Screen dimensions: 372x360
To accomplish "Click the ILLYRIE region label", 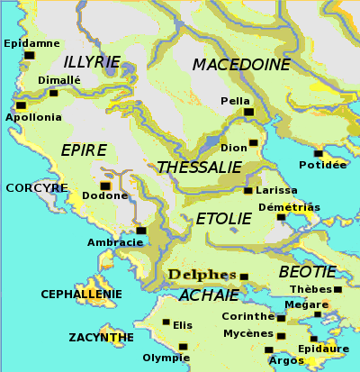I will [92, 61].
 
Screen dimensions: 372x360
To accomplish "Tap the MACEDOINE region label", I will [241, 65].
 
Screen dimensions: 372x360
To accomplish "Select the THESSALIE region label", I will [199, 168].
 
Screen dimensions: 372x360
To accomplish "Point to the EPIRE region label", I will [84, 150].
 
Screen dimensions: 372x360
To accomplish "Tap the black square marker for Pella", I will [249, 112].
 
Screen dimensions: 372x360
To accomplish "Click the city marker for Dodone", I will [105, 186].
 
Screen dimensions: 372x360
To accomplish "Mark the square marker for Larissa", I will [247, 191].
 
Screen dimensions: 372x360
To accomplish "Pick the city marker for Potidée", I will [318, 154].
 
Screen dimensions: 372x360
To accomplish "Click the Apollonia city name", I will [34, 117].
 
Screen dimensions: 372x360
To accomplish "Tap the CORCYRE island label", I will [37, 188].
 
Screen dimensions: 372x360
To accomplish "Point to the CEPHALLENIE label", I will [82, 294].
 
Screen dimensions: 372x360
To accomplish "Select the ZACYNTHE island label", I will [102, 338].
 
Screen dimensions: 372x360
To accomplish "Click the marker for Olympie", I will [184, 347].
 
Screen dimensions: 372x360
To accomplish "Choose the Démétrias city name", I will [289, 206].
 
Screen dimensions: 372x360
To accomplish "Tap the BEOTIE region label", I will [307, 271].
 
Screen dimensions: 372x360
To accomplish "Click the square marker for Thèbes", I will [337, 290].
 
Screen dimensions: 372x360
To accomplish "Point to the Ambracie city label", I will [115, 243].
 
